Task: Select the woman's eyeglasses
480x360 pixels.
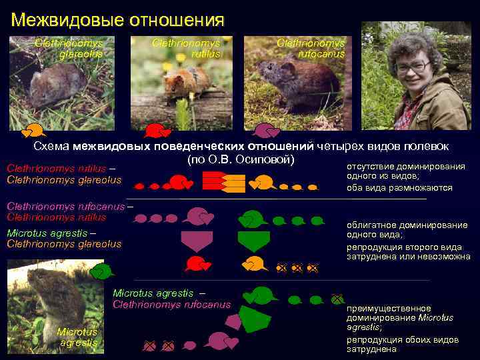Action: coord(413,67)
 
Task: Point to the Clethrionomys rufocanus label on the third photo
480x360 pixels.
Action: coord(311,49)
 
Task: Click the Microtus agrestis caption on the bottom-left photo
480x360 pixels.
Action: coord(77,337)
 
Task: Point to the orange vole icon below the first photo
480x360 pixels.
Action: coord(33,131)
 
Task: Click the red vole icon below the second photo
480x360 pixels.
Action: coord(158,130)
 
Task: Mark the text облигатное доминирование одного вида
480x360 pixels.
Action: coord(407,230)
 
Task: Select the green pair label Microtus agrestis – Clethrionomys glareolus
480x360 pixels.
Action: coord(64,239)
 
